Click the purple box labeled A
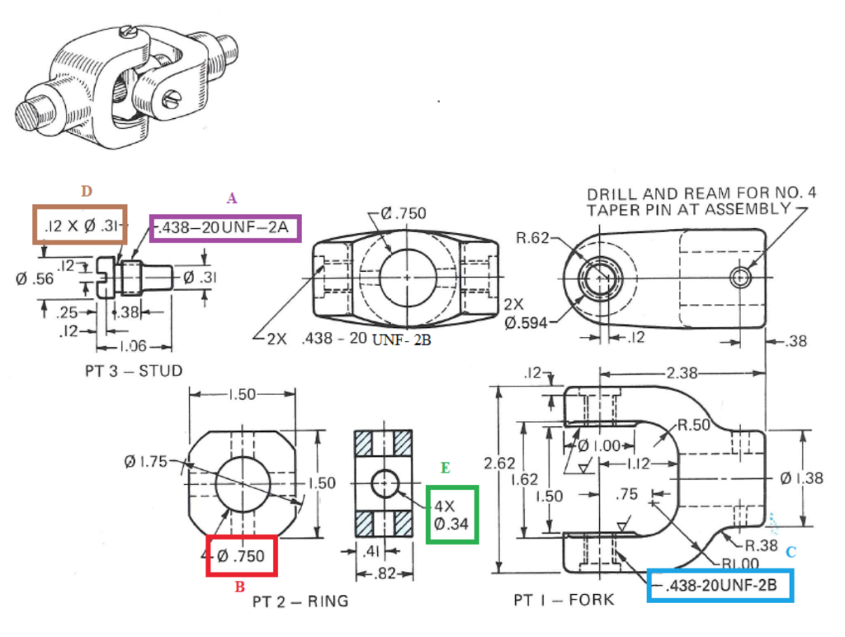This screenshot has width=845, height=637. point(225,227)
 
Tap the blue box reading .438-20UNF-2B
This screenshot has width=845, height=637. point(720,586)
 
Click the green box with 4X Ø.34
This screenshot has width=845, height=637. point(451,514)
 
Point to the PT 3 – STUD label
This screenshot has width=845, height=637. point(133,370)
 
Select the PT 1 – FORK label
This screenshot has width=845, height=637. point(564,599)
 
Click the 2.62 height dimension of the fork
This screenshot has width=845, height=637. point(500,463)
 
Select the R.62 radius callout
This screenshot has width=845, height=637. point(532,239)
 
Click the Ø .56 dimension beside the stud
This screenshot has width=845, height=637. point(34,278)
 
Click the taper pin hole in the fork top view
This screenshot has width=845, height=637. point(740,278)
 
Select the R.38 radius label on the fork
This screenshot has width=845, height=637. point(760,545)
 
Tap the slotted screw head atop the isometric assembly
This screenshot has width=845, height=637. point(126,32)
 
